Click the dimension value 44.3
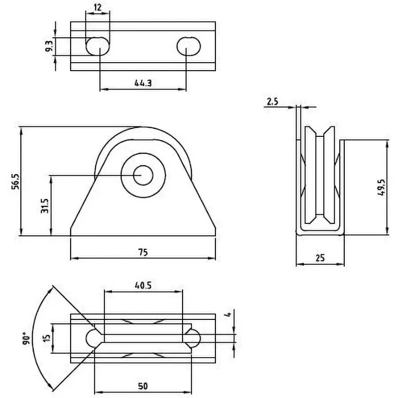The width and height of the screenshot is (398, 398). [142, 84]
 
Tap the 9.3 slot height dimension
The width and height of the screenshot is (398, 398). [49, 47]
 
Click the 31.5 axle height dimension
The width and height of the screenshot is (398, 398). [45, 205]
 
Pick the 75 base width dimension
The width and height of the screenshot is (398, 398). [143, 252]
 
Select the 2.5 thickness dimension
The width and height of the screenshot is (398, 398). [272, 101]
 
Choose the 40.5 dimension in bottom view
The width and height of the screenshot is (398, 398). [143, 286]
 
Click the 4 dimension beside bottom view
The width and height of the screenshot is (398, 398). [228, 314]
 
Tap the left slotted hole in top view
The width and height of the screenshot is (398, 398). [98, 46]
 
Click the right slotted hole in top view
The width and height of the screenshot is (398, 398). [189, 46]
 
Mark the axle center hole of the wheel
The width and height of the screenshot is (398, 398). [143, 175]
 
